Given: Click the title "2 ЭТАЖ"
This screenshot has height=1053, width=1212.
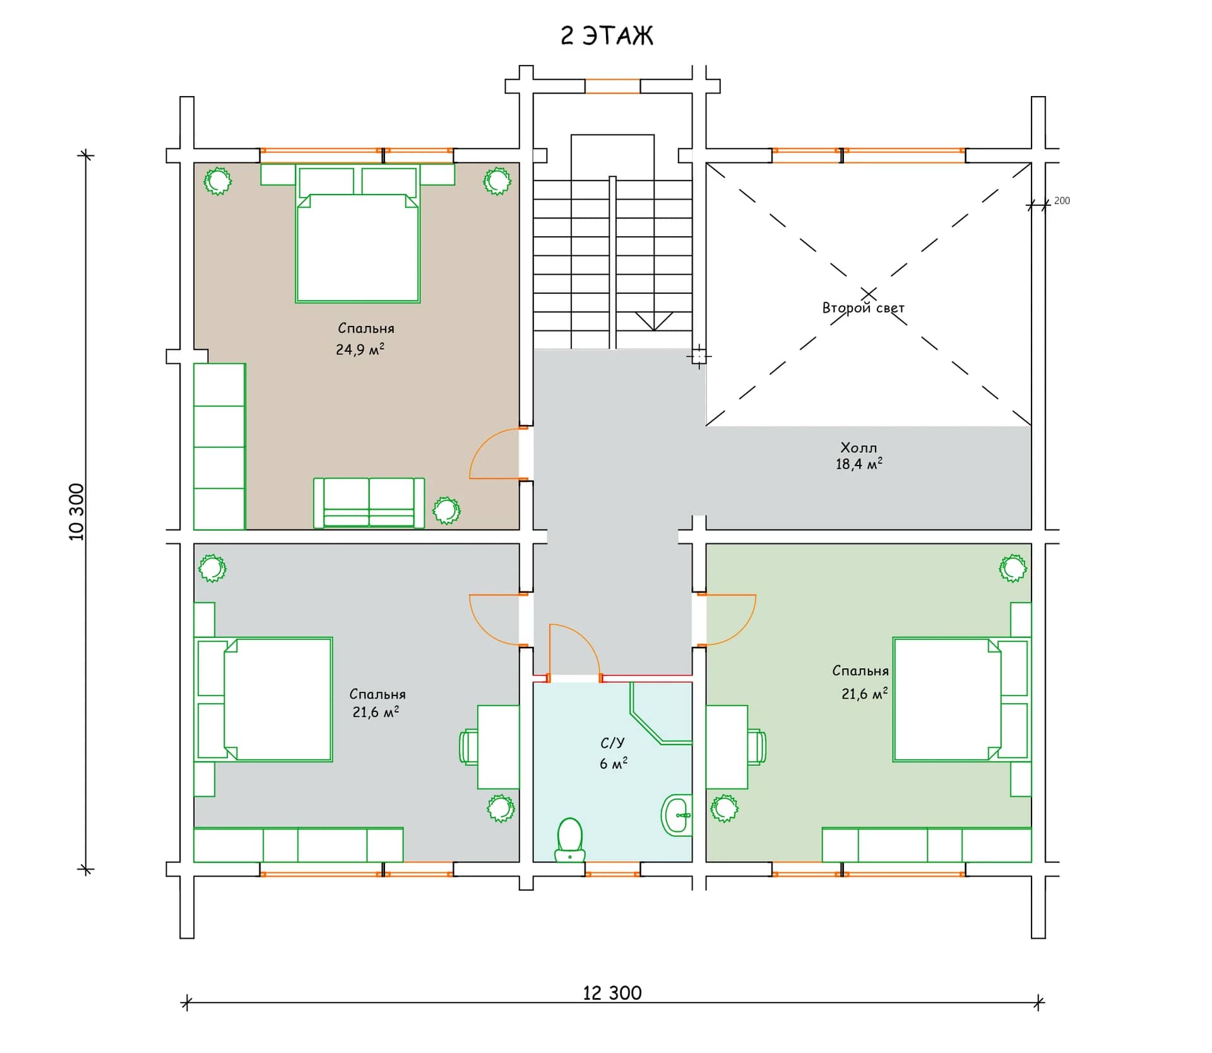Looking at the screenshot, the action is (x=607, y=36).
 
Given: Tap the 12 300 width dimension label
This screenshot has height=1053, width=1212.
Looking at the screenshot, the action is (x=612, y=993).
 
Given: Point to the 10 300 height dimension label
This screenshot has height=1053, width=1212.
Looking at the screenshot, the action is (x=76, y=512).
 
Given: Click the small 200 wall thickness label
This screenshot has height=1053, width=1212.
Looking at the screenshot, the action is (x=1062, y=200).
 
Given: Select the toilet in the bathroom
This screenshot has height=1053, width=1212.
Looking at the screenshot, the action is (x=569, y=839).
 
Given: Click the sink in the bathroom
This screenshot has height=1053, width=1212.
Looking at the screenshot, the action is (x=676, y=815).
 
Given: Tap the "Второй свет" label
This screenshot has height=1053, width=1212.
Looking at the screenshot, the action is (x=863, y=308).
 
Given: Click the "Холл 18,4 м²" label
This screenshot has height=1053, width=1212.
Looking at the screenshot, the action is (x=858, y=455).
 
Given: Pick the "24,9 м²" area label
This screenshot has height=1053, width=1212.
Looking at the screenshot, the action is (x=360, y=349).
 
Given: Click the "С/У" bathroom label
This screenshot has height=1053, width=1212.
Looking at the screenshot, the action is (x=612, y=743).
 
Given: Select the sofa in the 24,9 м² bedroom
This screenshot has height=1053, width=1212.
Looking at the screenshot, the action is (x=369, y=503).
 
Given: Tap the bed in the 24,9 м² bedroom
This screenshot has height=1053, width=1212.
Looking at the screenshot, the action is (x=358, y=234).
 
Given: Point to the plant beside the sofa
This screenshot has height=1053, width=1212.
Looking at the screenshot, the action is (x=446, y=510).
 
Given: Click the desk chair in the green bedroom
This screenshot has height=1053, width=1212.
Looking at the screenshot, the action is (x=757, y=747).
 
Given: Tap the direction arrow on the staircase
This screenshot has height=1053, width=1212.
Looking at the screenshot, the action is (x=653, y=321).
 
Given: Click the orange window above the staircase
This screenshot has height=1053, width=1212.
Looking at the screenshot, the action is (x=612, y=86).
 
